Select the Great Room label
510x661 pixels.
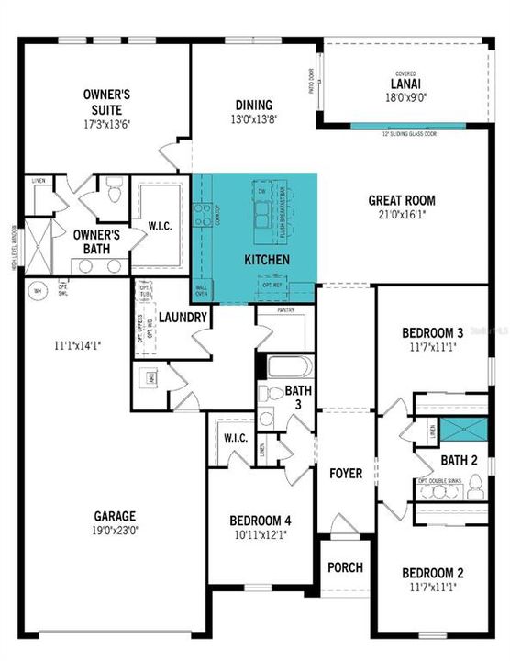coord(402,200)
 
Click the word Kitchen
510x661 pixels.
coord(267,260)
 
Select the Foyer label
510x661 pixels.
coord(346,474)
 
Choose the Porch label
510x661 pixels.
coord(345,566)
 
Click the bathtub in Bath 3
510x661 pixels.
coord(289,367)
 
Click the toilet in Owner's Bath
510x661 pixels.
coord(115,193)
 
